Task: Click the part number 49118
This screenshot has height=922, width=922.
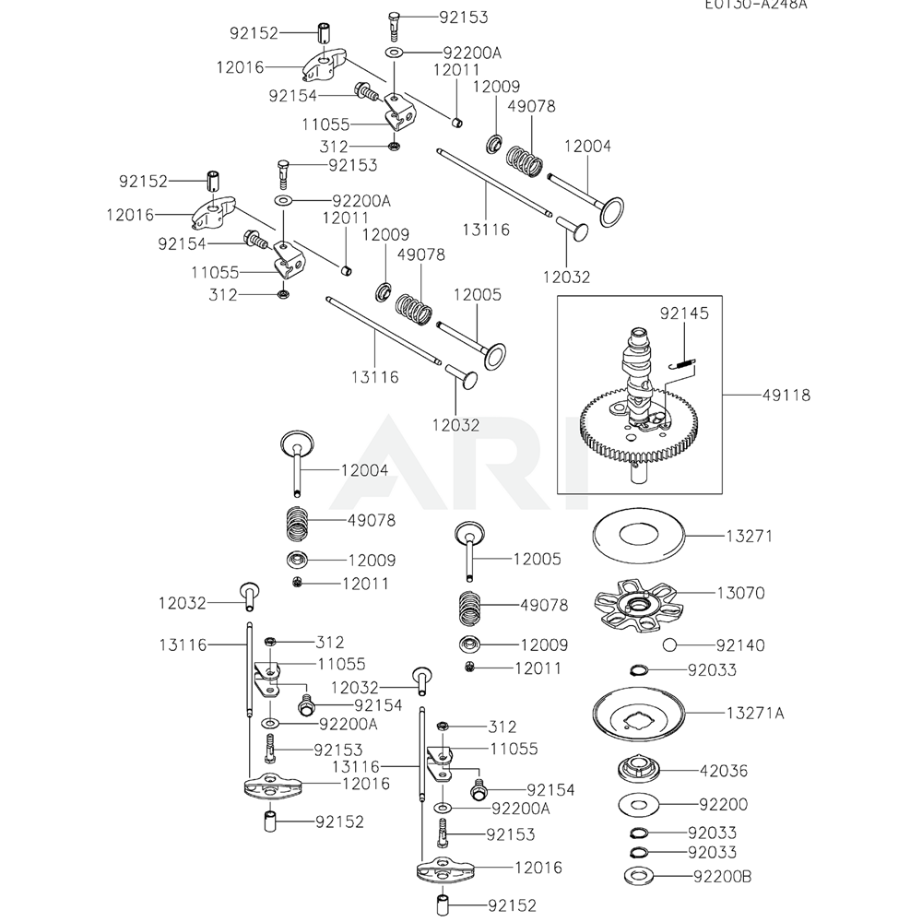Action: pos(786,396)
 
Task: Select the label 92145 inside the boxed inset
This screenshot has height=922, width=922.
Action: pos(684,314)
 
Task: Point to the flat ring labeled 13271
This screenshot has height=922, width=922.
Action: pos(638,535)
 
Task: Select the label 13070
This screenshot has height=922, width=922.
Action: pos(740,593)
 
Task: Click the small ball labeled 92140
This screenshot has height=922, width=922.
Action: pos(668,644)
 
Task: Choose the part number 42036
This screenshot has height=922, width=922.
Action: pos(724,771)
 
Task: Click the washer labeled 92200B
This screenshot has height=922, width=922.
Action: pos(638,874)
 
